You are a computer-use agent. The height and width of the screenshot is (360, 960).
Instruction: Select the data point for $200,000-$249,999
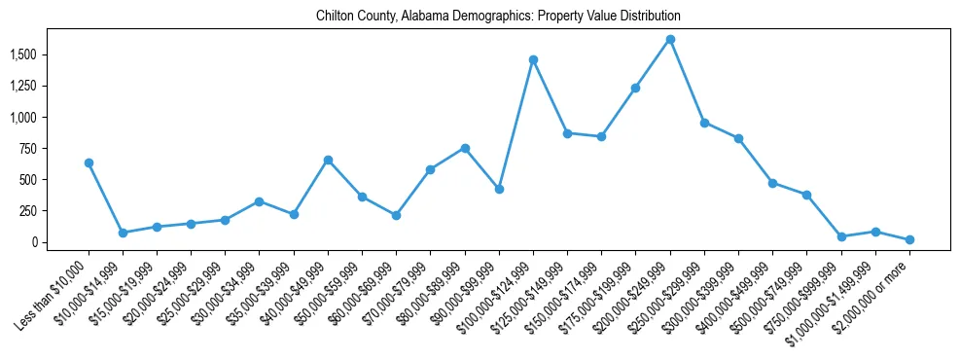coord(670,40)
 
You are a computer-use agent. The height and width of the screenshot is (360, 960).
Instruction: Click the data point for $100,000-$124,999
coord(533,59)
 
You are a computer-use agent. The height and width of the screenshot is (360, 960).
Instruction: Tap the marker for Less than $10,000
coord(89,162)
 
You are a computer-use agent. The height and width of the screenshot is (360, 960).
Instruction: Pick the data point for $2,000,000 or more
coord(909,239)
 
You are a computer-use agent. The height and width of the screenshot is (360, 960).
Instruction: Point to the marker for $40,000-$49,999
coord(328,160)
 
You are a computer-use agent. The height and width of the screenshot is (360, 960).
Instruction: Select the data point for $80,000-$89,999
coord(465,148)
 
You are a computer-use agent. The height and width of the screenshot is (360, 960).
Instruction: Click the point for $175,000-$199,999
coord(635,88)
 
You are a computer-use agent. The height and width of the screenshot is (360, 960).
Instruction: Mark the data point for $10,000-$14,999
coord(123,233)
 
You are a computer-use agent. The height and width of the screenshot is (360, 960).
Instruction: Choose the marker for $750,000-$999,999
coord(841,236)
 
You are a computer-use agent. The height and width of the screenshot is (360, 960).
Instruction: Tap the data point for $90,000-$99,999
coord(499,189)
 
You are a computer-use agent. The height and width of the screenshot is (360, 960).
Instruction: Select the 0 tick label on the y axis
coord(39,241)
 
